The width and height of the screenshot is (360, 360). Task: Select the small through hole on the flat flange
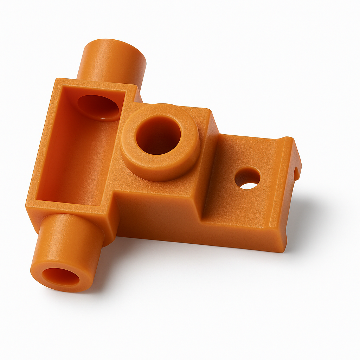pyautogui.click(x=247, y=178)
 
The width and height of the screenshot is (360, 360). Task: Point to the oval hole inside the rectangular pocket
pyautogui.click(x=98, y=107)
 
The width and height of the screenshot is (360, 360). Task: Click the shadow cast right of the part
pyautogui.click(x=309, y=218)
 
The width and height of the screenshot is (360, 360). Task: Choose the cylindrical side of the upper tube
pyautogui.click(x=105, y=67)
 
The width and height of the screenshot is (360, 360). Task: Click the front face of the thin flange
pyautogui.click(x=243, y=236)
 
